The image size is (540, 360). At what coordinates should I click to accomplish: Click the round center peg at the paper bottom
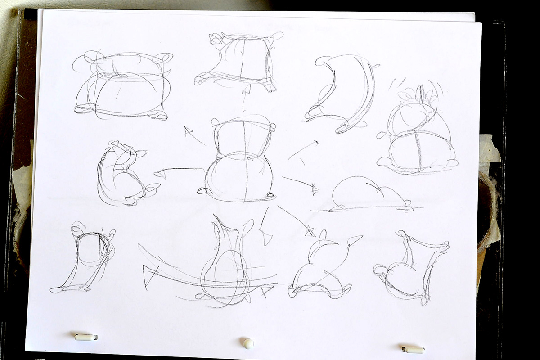pyautogui.click(x=248, y=343)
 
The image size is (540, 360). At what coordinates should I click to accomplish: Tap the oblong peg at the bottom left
pyautogui.click(x=85, y=337)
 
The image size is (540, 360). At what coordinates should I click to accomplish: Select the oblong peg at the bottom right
pyautogui.click(x=413, y=349)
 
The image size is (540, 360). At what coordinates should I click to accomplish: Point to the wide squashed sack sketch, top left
pyautogui.click(x=121, y=85)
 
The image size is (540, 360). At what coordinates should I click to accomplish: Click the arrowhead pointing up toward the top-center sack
pyautogui.click(x=246, y=90)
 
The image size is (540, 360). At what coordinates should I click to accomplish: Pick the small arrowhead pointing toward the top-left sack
pyautogui.click(x=189, y=131)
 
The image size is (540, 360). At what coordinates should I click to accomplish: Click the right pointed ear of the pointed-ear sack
pyautogui.click(x=355, y=239)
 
